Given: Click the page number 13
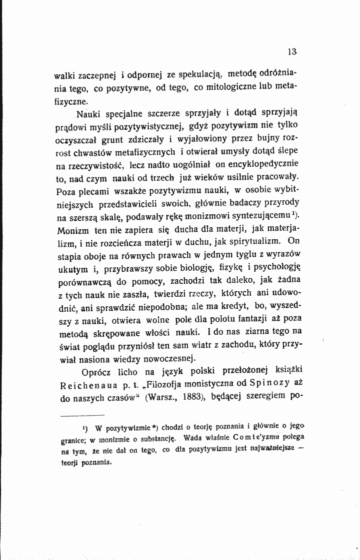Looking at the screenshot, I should [292, 51].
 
